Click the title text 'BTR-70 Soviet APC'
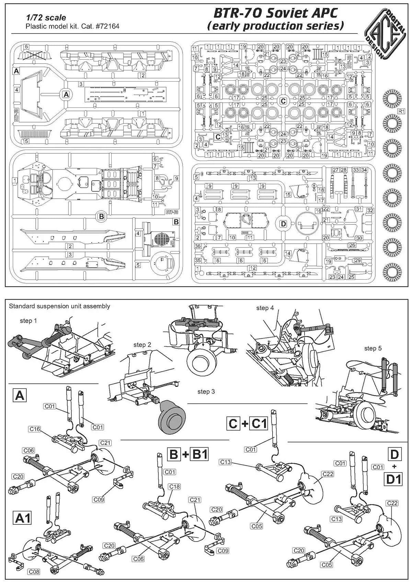point(275,13)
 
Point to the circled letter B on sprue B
point(101,217)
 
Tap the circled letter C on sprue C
point(283,101)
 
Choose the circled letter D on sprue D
point(283,224)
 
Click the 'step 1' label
point(28,321)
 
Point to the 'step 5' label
point(373,348)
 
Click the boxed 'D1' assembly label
point(394,479)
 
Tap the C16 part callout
point(35,429)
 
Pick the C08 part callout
point(34,572)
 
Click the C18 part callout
point(174,487)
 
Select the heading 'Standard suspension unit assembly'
point(59,306)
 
